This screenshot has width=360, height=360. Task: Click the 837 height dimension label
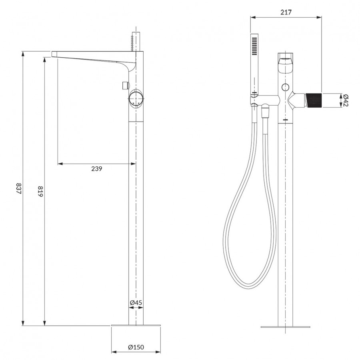[x=18, y=188]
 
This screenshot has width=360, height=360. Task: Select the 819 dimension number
[x=40, y=191]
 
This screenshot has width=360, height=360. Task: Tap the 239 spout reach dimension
[x=96, y=169]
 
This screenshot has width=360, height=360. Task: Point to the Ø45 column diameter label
[x=136, y=303]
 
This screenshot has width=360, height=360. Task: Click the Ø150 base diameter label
[x=136, y=347]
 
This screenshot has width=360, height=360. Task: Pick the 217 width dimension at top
[x=286, y=12]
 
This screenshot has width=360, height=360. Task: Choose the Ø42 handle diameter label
[x=345, y=100]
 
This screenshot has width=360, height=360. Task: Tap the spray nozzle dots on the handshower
[x=254, y=46]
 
